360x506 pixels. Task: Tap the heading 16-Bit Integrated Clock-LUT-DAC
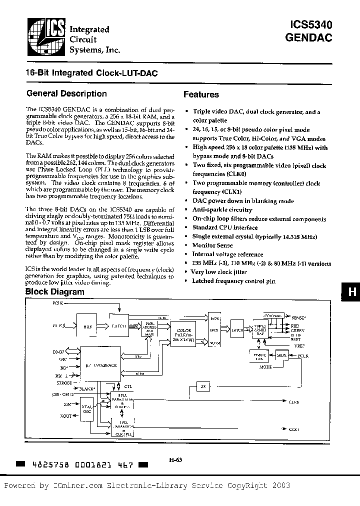pos(91,73)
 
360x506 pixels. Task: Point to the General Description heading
pos(66,93)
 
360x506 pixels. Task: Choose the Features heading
pos(201,94)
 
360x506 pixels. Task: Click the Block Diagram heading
pos(55,292)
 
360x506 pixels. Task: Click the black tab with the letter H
pos(352,293)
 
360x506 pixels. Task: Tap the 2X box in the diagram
pos(202,386)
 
